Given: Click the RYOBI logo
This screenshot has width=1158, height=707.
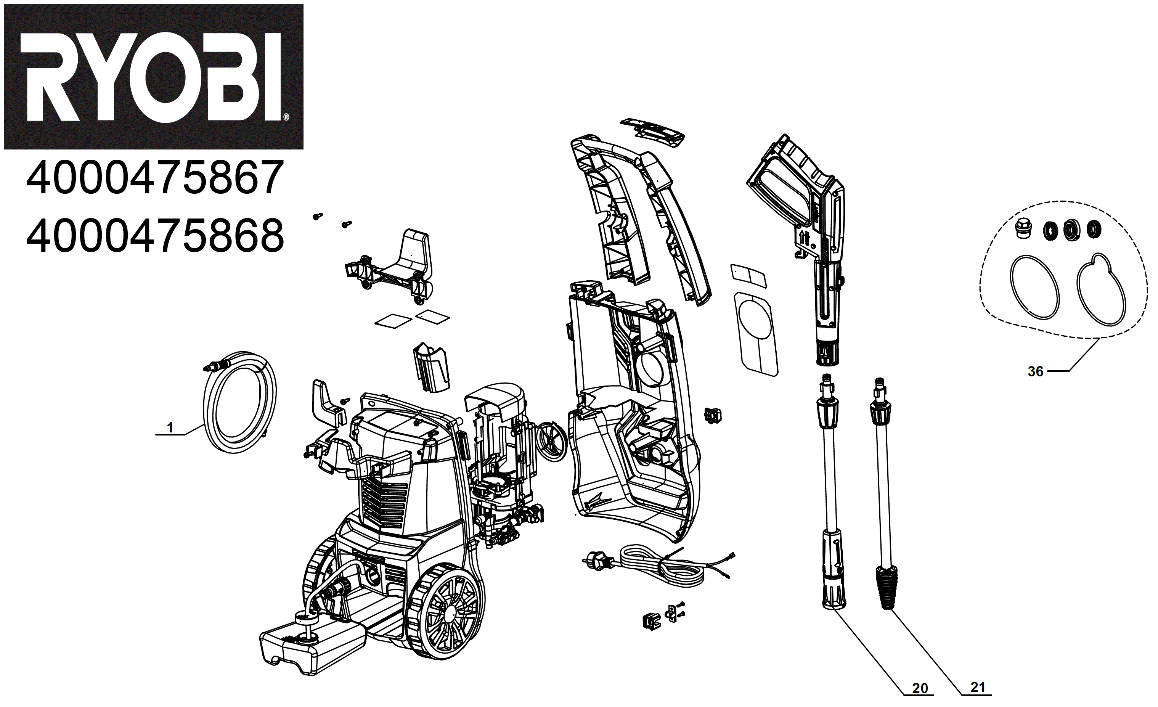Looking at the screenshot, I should click(x=154, y=77).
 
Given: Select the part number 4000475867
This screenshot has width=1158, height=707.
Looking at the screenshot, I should click(x=155, y=178).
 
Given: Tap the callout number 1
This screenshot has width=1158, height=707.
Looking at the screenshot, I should click(x=170, y=427).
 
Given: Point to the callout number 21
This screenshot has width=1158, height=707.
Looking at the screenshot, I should click(x=978, y=687).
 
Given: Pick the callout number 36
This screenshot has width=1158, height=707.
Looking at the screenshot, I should click(x=1035, y=371).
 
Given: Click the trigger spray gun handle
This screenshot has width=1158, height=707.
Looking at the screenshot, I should click(x=799, y=188).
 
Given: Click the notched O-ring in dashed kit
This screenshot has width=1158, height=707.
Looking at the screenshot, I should click(x=1101, y=291).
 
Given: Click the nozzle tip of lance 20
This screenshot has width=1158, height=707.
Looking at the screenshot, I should click(x=834, y=595).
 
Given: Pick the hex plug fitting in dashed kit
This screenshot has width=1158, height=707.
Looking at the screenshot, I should click(x=1023, y=229).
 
